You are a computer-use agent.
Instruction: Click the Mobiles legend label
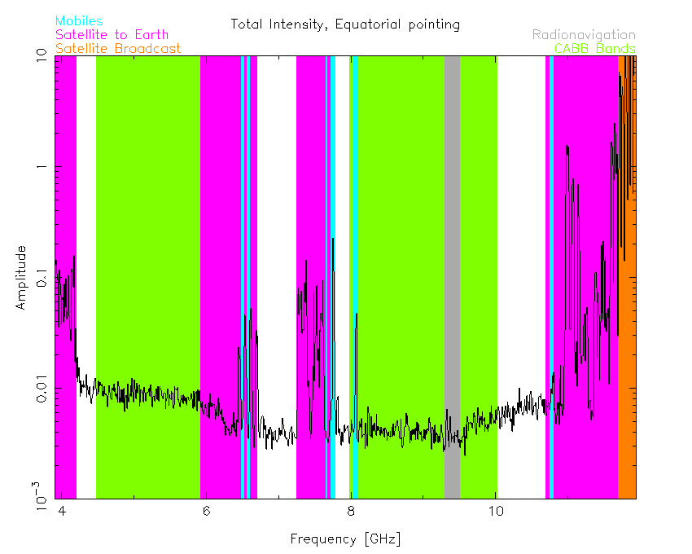click(x=79, y=20)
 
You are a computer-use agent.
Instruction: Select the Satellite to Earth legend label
click(x=112, y=34)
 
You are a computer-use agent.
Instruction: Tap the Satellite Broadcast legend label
click(x=118, y=48)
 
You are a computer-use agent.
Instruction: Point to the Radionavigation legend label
click(x=584, y=34)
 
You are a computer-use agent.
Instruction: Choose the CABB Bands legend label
click(x=594, y=48)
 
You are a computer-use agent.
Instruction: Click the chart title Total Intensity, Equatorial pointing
click(x=345, y=24)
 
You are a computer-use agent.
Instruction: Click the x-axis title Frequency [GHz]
click(x=345, y=539)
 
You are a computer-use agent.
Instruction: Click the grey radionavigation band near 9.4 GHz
click(x=452, y=204)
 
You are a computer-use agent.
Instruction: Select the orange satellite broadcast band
click(x=627, y=367)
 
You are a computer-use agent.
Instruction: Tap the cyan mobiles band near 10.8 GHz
click(x=552, y=244)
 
